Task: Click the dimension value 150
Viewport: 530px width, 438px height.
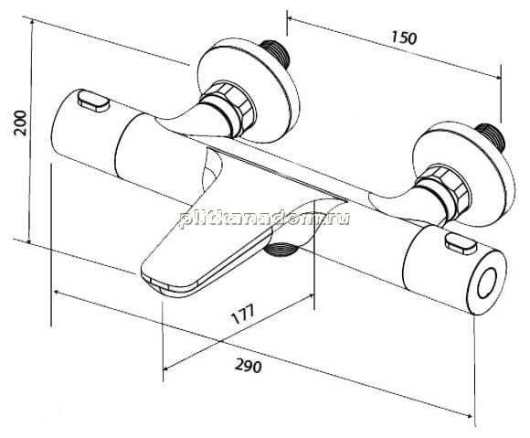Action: tap(404, 37)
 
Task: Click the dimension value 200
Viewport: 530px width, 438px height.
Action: tap(20, 123)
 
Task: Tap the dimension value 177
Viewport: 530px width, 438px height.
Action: tap(243, 314)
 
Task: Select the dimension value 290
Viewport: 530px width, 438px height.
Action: tap(249, 366)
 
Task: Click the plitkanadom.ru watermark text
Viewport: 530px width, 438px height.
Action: tap(265, 219)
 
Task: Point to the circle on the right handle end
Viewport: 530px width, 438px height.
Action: tap(488, 283)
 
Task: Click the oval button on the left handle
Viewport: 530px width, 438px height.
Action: tap(93, 100)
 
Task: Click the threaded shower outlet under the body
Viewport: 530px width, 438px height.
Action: tap(281, 250)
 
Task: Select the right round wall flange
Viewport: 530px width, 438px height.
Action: tap(465, 175)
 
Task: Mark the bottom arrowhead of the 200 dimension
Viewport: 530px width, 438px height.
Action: tap(29, 240)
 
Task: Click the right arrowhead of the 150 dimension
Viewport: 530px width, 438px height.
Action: tap(496, 77)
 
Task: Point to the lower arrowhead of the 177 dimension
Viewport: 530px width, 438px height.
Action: tap(167, 368)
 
